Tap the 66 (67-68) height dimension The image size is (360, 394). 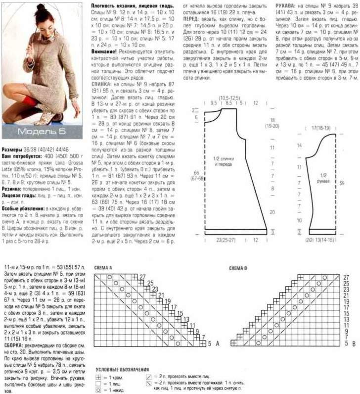(197, 175)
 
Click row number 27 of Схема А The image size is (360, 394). (142, 276)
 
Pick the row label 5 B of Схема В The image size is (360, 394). (346, 343)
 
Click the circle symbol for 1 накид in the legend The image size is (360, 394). (98, 390)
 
